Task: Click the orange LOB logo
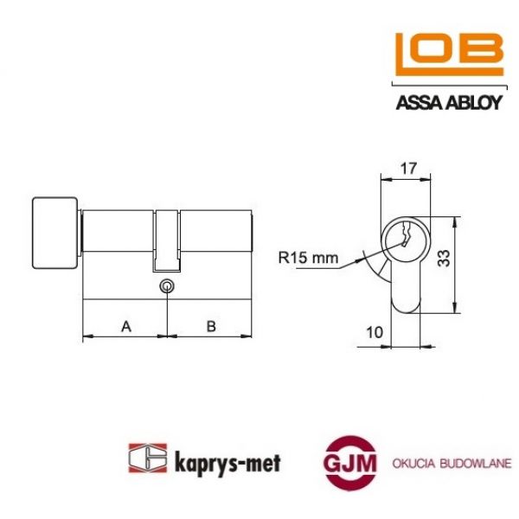point(448,56)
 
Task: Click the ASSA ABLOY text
point(448,103)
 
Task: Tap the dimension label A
point(125,326)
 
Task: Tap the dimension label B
point(211,326)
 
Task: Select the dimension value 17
point(405,168)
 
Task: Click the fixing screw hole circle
point(167,286)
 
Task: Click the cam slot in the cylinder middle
point(167,238)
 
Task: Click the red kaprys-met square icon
point(144,458)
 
